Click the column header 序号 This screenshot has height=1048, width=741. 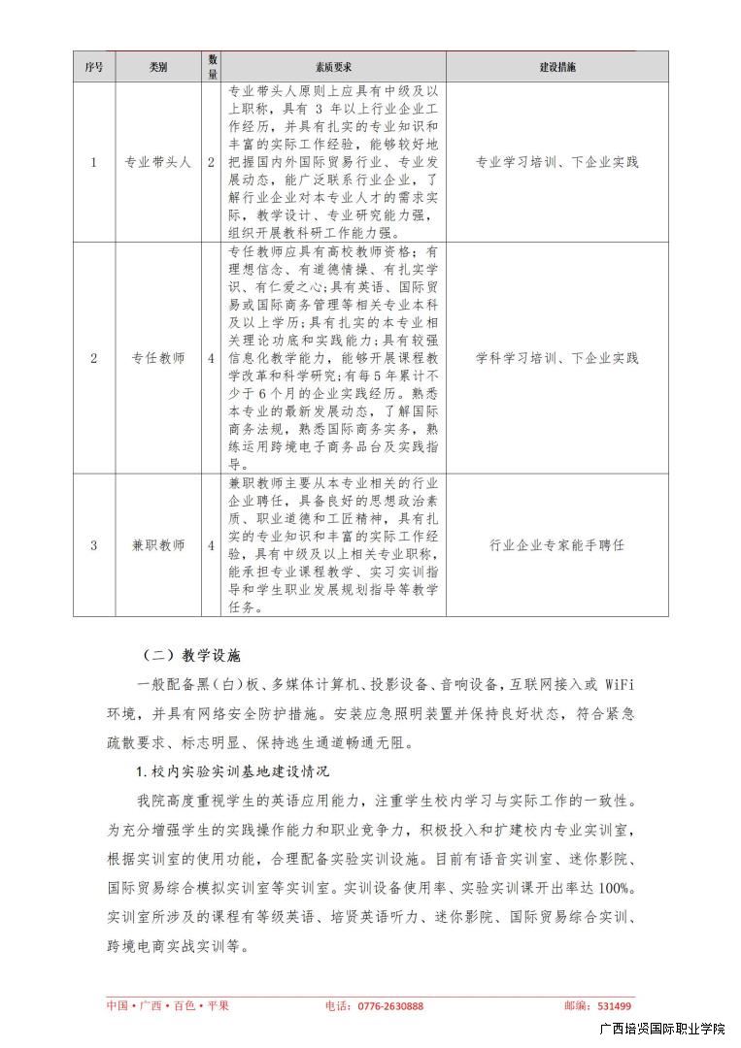coord(93,67)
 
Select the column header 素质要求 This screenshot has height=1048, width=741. coord(333,67)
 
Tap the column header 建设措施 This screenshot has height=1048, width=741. coord(557,67)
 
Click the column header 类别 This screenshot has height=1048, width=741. coord(158,67)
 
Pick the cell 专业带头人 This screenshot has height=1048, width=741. coord(158,162)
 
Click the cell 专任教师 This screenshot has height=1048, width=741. coord(158,358)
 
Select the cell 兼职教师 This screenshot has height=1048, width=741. coord(158,545)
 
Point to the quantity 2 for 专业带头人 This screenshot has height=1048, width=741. coord(211,162)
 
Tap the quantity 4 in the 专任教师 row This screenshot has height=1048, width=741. coord(211,358)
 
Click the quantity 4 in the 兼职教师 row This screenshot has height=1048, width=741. coord(211,545)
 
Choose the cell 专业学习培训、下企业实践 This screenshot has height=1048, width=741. coord(557,162)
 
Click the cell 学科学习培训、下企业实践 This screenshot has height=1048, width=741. coord(557,358)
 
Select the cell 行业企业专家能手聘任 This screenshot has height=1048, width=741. coord(557,545)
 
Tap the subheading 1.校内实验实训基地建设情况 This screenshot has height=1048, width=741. coord(233,771)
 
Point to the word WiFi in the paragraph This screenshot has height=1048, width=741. coord(618,685)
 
